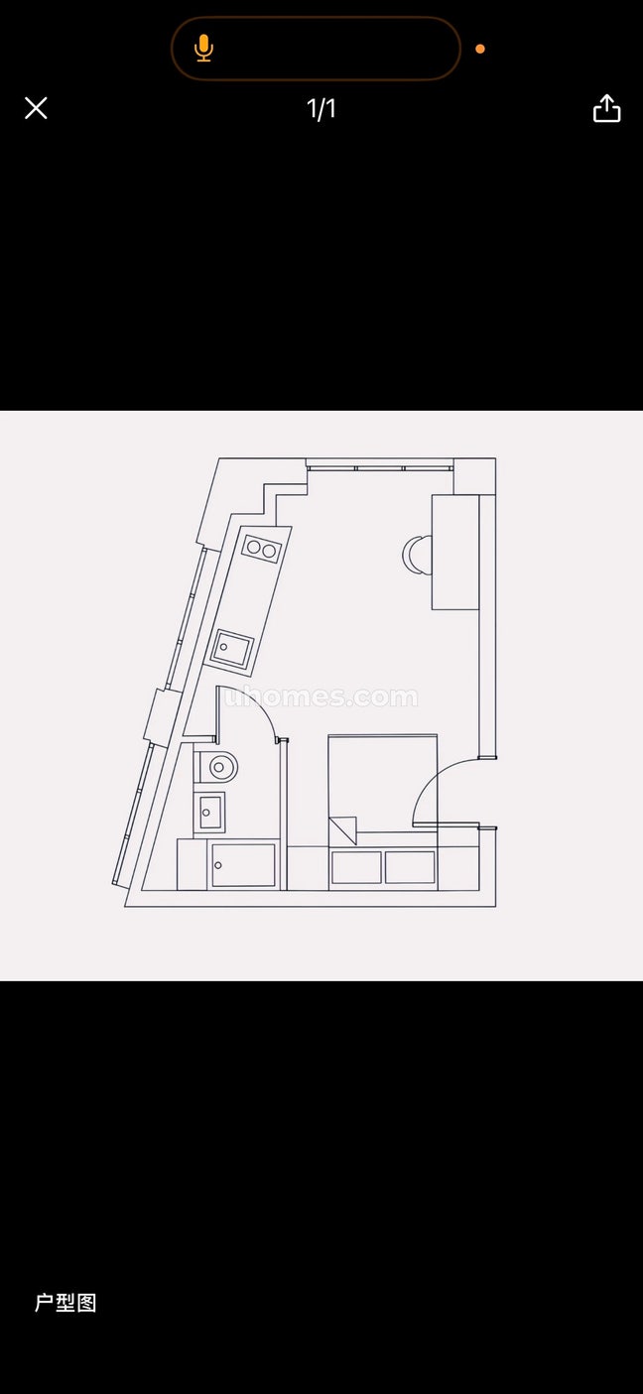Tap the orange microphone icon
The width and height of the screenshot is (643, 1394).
[203, 49]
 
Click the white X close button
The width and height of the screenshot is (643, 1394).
[36, 108]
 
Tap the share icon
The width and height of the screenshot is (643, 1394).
[606, 108]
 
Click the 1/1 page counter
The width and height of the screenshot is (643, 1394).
[321, 109]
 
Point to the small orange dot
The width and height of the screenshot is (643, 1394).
[480, 49]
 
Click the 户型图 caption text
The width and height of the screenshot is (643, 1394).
[65, 1303]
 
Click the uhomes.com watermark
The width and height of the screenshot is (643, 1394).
[321, 697]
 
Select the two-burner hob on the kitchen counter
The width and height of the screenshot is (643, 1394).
[261, 549]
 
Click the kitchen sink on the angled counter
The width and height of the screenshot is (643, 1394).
[231, 649]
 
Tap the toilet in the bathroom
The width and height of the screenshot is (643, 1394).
[216, 767]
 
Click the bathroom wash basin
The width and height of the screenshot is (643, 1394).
[209, 813]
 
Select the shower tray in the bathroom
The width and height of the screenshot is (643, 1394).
[243, 865]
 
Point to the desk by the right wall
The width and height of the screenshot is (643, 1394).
[455, 552]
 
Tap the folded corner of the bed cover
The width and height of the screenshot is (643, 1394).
[343, 830]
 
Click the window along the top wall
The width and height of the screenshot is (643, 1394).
[380, 466]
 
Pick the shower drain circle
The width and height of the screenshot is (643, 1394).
[218, 865]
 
